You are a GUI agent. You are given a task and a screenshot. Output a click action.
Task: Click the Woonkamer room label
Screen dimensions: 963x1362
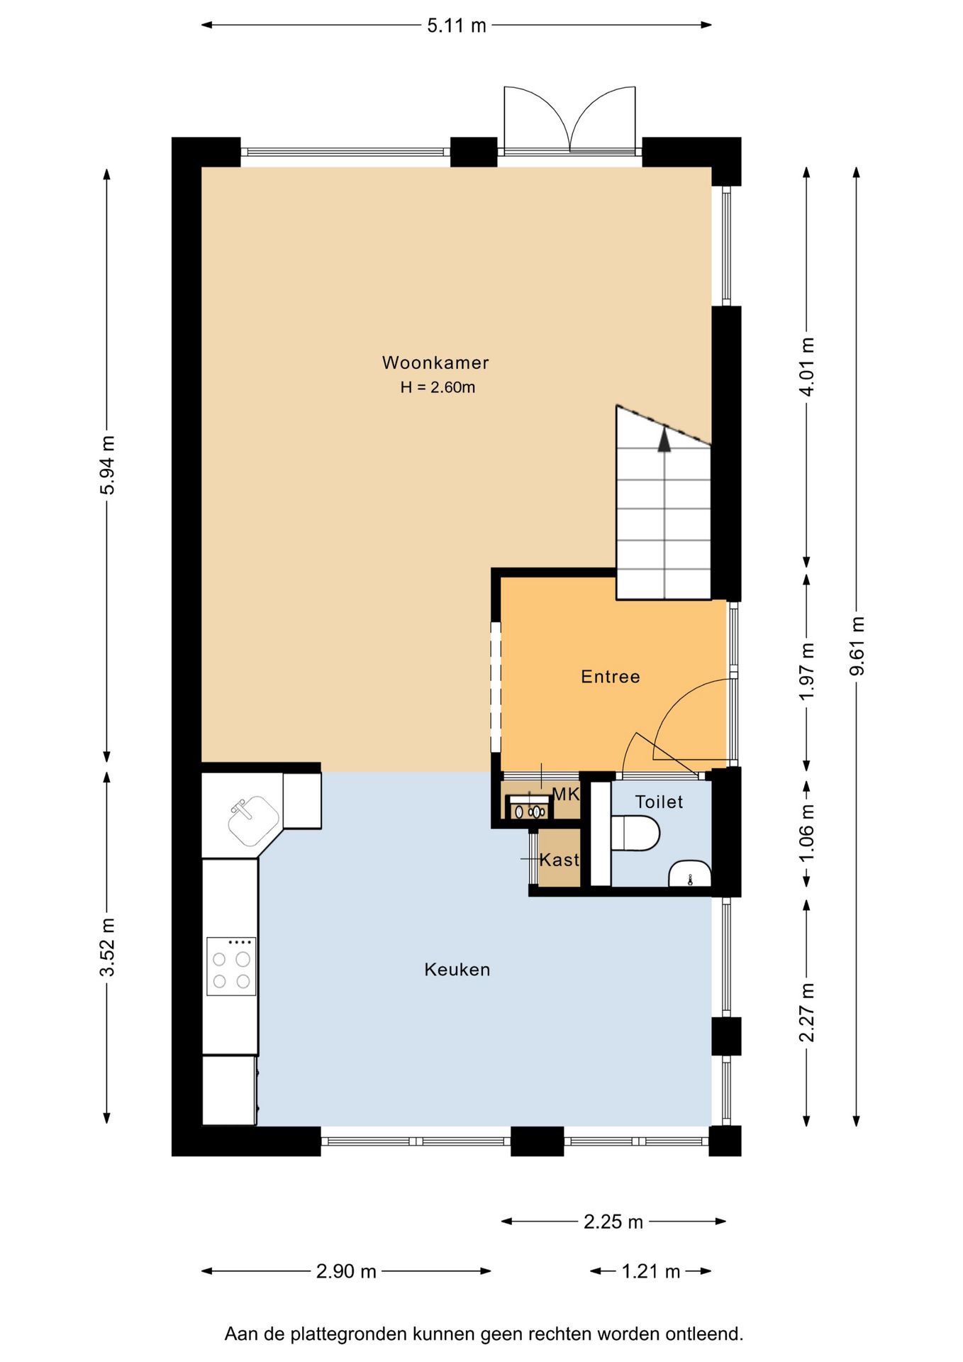pyautogui.click(x=435, y=362)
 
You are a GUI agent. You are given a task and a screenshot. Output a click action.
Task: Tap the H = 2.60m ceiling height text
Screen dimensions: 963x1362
pyautogui.click(x=438, y=387)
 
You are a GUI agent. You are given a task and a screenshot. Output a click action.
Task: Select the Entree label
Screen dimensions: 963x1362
pyautogui.click(x=611, y=677)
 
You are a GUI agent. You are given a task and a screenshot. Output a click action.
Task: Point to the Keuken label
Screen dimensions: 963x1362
pyautogui.click(x=457, y=970)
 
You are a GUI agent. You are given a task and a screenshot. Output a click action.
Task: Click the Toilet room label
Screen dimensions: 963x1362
pyautogui.click(x=659, y=802)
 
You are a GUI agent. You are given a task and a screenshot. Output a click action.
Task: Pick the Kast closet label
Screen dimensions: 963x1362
pyautogui.click(x=560, y=860)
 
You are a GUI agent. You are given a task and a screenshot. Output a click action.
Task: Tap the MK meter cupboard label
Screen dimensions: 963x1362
pyautogui.click(x=566, y=794)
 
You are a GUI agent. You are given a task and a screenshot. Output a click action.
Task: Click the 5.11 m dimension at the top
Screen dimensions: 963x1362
pyautogui.click(x=457, y=26)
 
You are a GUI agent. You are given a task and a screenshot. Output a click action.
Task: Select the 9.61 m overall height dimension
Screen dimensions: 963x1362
pyautogui.click(x=857, y=646)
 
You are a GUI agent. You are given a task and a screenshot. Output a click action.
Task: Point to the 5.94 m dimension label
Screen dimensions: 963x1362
pyautogui.click(x=107, y=465)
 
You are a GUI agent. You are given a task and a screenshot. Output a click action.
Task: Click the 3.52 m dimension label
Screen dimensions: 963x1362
pyautogui.click(x=107, y=948)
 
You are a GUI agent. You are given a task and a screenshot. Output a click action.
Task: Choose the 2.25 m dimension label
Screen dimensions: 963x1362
pyautogui.click(x=613, y=1222)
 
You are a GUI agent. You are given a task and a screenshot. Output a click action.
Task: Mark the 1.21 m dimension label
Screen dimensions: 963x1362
pyautogui.click(x=651, y=1271)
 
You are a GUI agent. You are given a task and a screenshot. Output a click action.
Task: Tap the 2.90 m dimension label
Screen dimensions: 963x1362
pyautogui.click(x=346, y=1271)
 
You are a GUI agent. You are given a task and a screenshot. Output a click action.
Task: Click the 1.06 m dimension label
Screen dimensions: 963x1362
pyautogui.click(x=807, y=834)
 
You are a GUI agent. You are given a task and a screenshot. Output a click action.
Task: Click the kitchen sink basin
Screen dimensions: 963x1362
pyautogui.click(x=253, y=821)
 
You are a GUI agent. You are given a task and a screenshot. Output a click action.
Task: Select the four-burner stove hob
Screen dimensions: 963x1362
pyautogui.click(x=231, y=966)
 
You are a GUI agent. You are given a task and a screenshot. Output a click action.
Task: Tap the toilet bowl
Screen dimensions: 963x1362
pyautogui.click(x=635, y=834)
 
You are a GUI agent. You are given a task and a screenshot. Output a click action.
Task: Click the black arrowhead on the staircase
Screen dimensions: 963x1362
pyautogui.click(x=664, y=440)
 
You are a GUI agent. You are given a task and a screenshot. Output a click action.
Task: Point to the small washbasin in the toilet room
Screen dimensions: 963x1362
pyautogui.click(x=690, y=874)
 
